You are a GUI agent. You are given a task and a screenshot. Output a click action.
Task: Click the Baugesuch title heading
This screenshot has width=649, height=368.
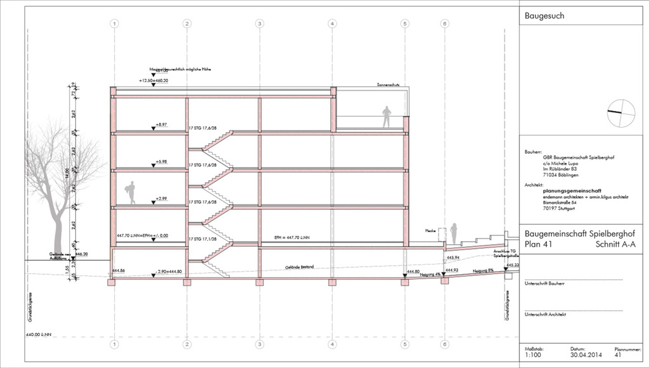(x=544, y=16)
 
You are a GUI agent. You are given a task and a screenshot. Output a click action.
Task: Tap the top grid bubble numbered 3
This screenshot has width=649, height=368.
(x=259, y=23)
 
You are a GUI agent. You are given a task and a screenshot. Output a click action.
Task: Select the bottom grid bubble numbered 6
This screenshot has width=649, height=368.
(x=445, y=345)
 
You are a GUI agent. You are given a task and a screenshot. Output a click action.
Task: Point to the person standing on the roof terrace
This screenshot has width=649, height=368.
(x=386, y=117)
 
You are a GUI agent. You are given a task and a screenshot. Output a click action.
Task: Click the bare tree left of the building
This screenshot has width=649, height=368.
(x=53, y=184)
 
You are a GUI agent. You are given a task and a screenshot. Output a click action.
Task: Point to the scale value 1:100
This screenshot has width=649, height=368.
(x=533, y=355)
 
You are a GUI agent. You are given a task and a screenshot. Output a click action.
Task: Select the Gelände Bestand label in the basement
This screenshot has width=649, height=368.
(x=299, y=267)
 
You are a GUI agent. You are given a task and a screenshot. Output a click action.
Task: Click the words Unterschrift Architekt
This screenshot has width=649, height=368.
(x=544, y=315)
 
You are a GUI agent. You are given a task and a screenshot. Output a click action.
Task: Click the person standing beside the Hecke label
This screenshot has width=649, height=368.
(x=454, y=233)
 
